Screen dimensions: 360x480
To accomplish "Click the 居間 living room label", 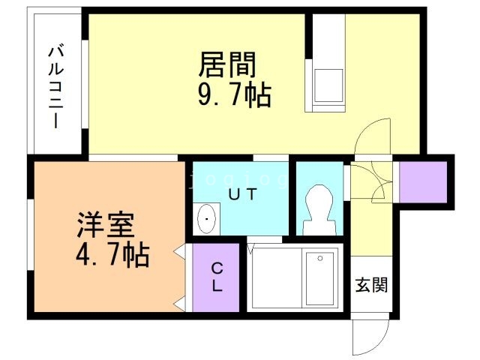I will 227,65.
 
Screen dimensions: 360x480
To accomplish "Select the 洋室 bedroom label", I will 104,225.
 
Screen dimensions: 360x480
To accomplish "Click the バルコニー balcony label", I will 55,86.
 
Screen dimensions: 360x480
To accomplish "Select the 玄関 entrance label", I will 370,285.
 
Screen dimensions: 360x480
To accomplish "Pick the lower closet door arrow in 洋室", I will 180,303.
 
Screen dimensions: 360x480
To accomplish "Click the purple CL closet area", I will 216,292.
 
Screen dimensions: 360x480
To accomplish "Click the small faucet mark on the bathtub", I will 320,258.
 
